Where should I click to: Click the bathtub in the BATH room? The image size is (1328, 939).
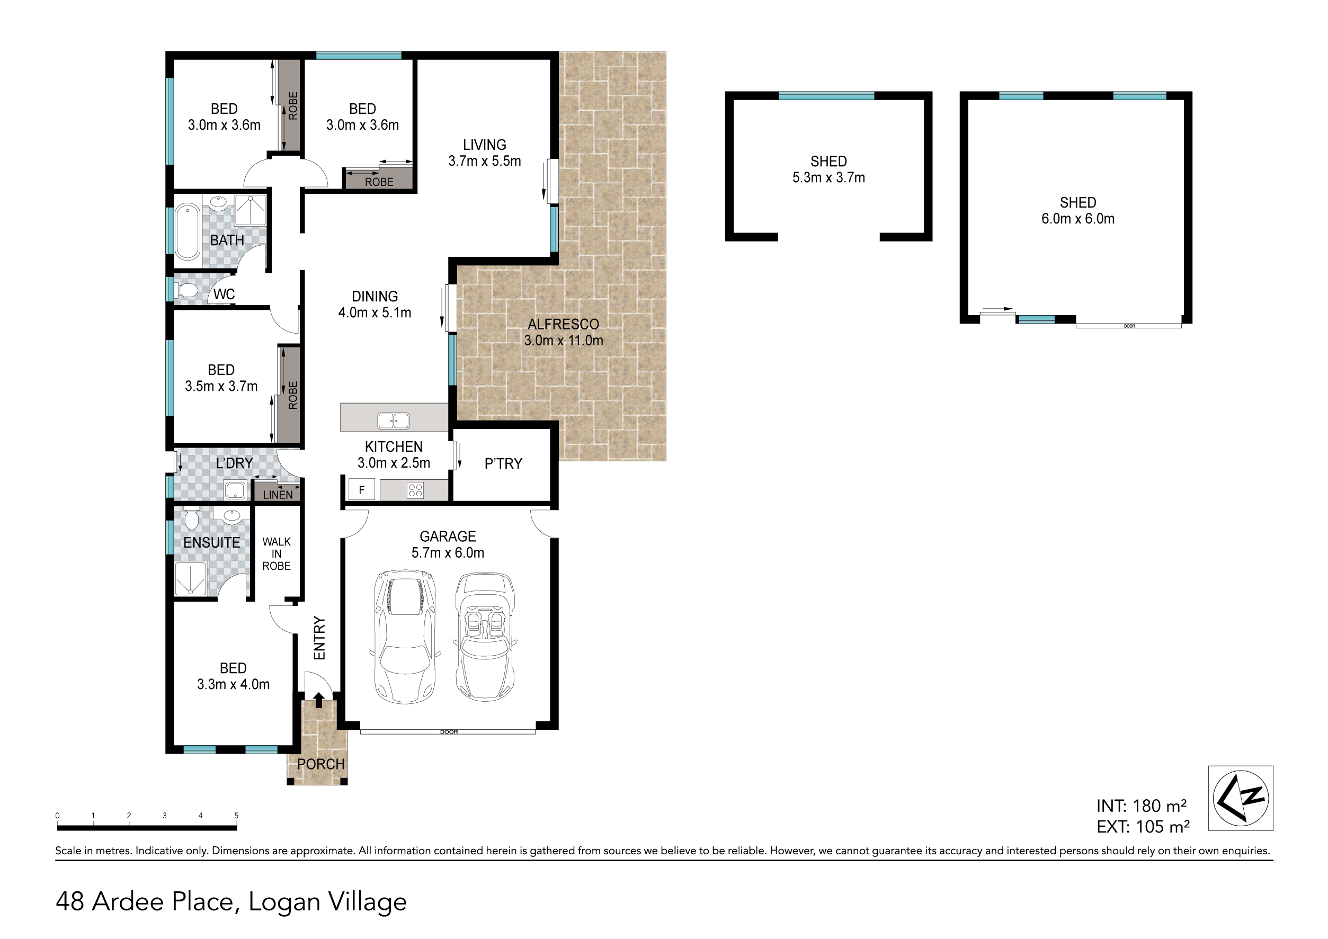pos(188,231)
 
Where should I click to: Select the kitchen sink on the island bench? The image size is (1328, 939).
pos(393,421)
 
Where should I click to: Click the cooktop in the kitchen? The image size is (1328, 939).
pos(415,490)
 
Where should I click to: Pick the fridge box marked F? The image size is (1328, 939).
pos(361,490)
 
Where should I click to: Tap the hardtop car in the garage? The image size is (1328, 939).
pos(405,636)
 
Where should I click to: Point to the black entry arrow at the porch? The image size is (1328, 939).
pos(318,700)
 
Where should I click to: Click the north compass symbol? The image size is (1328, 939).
pos(1241,798)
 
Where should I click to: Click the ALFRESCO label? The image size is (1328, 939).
pos(564,324)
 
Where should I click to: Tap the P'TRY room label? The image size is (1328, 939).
pos(503,464)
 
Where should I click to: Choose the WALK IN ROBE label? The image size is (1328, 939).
pos(277,554)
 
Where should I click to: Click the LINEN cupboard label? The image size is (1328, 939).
pos(278,495)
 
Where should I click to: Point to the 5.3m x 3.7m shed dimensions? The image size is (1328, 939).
pos(828,178)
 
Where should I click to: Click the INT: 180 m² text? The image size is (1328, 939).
pos(1141,806)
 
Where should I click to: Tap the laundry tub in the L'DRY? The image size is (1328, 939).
pos(236,490)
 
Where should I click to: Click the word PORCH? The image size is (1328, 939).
pos(320,764)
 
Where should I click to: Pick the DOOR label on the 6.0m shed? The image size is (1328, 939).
pos(1129,326)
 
